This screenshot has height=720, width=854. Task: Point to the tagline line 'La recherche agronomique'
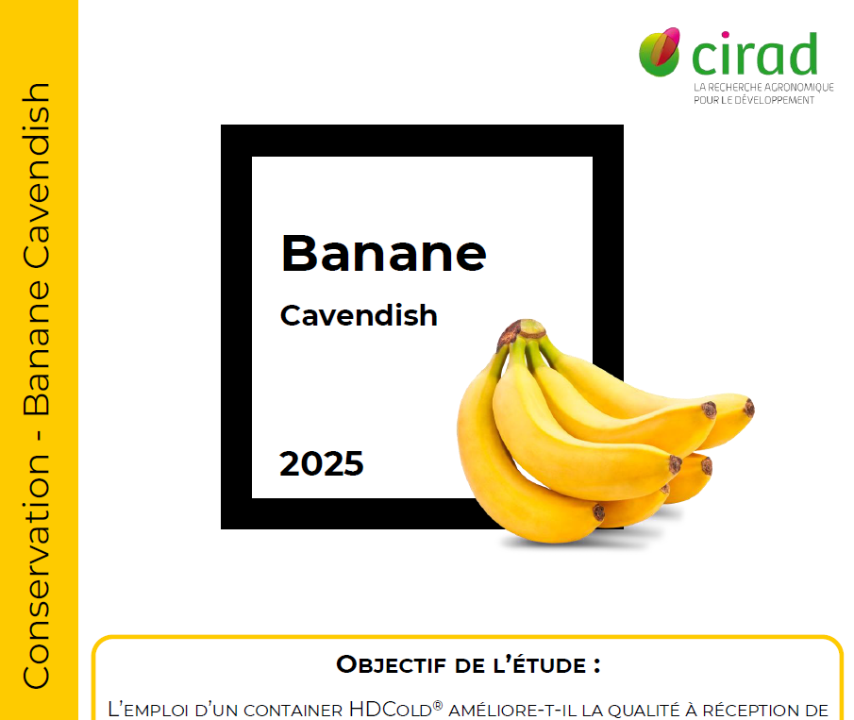click(763, 87)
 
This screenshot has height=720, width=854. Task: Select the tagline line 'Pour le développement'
click(753, 100)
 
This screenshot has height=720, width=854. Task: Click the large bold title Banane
click(383, 253)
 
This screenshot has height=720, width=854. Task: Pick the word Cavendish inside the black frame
click(359, 315)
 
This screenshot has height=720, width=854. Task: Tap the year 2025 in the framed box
click(321, 464)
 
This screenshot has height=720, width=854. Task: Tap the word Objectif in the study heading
click(391, 664)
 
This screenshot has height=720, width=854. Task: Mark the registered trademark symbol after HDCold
click(437, 704)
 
